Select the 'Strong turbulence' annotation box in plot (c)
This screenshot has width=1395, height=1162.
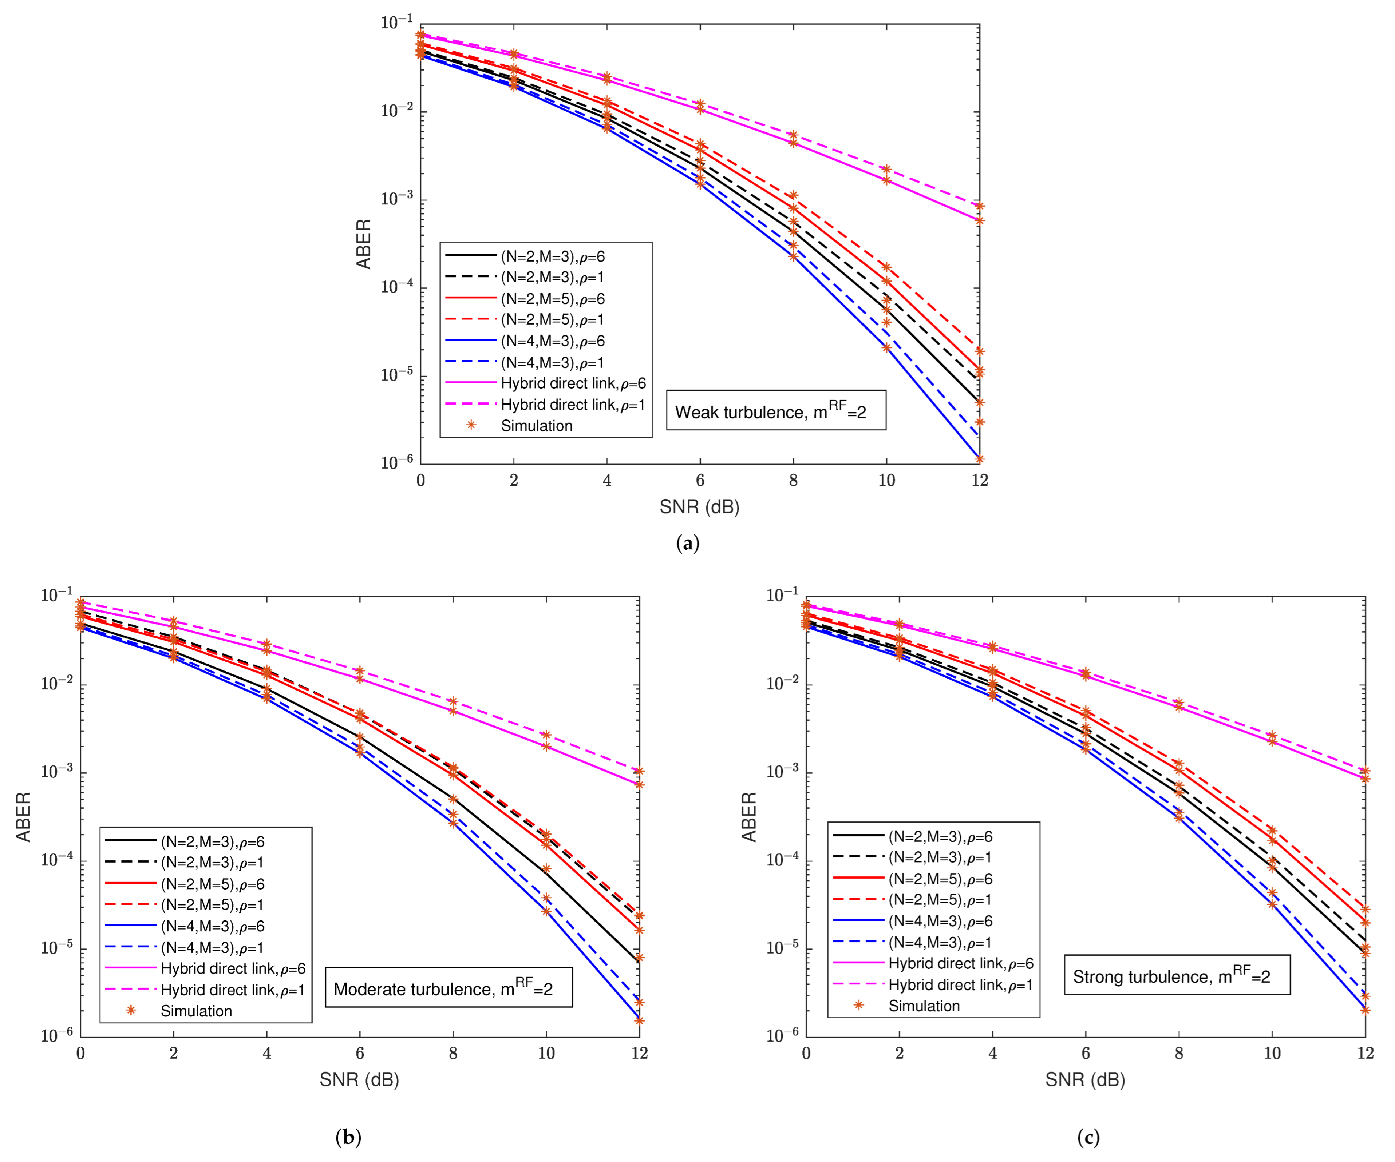[1177, 975]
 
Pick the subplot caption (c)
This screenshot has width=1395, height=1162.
[1087, 1137]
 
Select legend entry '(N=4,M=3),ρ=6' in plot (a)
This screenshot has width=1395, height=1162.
[552, 341]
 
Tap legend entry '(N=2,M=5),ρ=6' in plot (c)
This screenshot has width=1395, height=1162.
[940, 879]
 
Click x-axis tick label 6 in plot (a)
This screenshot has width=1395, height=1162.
[699, 481]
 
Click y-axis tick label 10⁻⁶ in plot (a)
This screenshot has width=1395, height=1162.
[396, 461]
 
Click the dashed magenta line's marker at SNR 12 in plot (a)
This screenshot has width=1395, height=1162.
[979, 206]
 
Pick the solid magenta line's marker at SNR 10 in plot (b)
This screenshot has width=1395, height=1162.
[546, 746]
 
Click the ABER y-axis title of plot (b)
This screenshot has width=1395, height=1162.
[23, 817]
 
